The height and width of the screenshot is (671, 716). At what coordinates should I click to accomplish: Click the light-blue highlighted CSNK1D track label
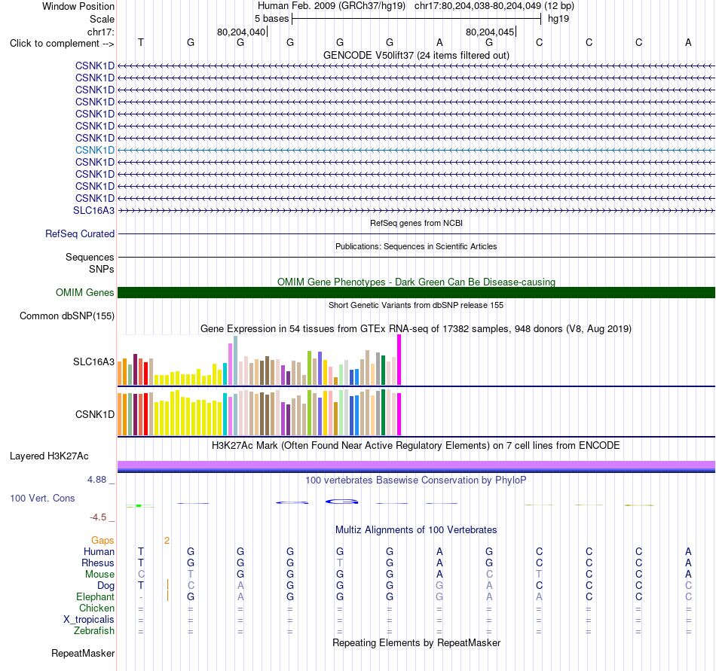95,150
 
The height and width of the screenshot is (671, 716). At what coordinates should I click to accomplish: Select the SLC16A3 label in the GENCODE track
93,210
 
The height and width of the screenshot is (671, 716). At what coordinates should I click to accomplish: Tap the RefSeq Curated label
80,233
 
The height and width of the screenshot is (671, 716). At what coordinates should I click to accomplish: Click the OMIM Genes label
85,292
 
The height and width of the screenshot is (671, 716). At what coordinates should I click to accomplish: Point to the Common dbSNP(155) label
67,316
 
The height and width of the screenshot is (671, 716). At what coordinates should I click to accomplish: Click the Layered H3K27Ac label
49,456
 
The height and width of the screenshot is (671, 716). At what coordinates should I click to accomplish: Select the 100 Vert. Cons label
42,498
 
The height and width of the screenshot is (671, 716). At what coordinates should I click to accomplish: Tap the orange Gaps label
103,540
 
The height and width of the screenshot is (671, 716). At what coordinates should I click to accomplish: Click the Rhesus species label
98,563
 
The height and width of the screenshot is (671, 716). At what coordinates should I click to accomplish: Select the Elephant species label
96,596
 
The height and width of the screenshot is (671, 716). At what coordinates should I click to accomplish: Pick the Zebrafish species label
94,630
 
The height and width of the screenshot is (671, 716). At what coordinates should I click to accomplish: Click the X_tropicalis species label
89,620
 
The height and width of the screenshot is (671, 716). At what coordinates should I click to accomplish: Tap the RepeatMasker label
83,653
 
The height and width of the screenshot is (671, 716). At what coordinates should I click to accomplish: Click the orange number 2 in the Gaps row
167,541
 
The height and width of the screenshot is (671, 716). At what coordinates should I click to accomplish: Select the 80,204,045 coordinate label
489,32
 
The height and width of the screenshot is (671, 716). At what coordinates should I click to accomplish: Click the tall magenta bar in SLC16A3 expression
399,360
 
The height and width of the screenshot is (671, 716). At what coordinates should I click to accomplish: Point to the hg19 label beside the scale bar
558,19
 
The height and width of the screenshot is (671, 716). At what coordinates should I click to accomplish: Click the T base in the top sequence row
141,42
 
